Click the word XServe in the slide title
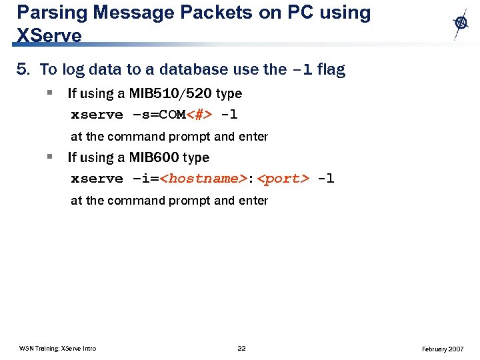(49, 35)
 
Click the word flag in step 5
(331, 69)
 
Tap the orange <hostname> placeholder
(204, 179)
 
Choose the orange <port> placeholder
(283, 179)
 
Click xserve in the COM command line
(97, 115)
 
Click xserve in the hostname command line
(97, 179)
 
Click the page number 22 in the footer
(241, 349)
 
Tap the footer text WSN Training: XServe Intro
(57, 349)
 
